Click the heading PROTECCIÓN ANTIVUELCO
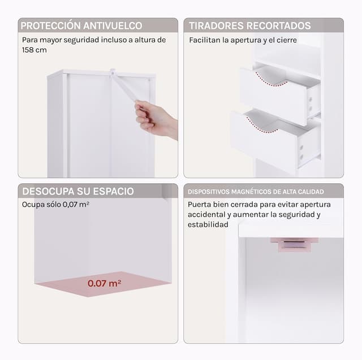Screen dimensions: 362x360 click(81, 25)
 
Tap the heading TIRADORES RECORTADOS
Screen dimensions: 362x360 click(250, 25)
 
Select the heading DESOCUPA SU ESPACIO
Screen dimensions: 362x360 click(78, 192)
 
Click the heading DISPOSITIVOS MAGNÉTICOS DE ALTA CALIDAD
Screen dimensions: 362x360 click(256, 192)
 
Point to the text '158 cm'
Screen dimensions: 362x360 click(35, 50)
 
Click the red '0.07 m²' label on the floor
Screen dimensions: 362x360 click(104, 283)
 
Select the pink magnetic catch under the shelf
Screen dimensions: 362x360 click(294, 245)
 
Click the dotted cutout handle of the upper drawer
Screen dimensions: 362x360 click(271, 81)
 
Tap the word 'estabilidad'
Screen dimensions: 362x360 click(208, 224)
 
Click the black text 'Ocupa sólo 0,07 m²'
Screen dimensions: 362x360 click(55, 205)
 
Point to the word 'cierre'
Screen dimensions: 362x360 click(287, 40)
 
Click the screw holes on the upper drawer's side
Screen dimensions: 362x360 click(311, 103)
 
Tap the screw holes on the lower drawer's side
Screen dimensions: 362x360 click(301, 152)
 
